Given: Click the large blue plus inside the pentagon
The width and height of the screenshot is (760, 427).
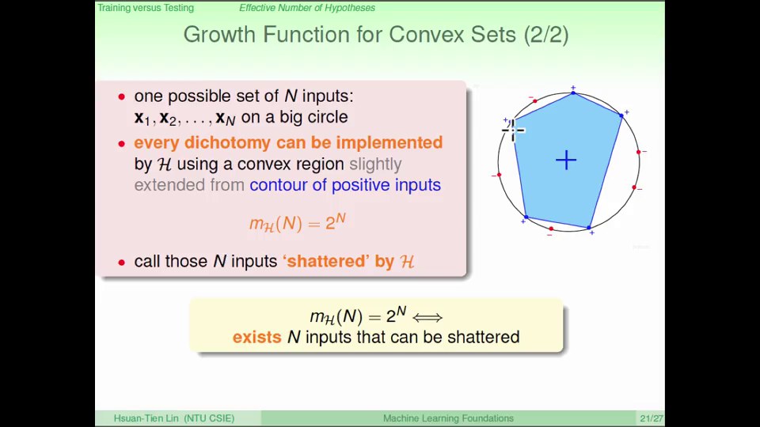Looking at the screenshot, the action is pyautogui.click(x=565, y=161).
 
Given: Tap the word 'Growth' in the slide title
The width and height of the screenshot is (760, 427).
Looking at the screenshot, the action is pyautogui.click(x=219, y=35).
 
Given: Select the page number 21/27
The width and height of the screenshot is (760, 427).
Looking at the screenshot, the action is pyautogui.click(x=651, y=418).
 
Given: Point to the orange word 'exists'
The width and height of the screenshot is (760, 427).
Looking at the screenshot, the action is pyautogui.click(x=256, y=337).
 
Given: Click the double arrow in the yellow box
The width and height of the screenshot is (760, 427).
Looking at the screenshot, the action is pyautogui.click(x=427, y=318).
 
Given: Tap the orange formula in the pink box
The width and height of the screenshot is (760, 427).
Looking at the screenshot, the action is pyautogui.click(x=298, y=223).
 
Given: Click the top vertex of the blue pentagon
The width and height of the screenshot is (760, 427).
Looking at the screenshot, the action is pyautogui.click(x=573, y=93).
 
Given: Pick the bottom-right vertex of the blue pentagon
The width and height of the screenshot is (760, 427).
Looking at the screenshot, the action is pyautogui.click(x=589, y=228).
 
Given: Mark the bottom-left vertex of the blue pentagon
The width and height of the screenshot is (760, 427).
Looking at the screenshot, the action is pyautogui.click(x=526, y=217).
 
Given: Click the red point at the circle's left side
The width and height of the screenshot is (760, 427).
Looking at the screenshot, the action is pyautogui.click(x=500, y=175).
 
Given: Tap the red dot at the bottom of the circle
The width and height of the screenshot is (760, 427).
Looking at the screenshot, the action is pyautogui.click(x=551, y=229).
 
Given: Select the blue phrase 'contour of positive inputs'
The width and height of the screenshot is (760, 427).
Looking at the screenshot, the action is pyautogui.click(x=345, y=185).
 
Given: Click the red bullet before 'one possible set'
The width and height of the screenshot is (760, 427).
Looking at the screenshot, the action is pyautogui.click(x=122, y=96).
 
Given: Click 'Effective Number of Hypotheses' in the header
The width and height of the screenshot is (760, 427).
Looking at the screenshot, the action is pyautogui.click(x=307, y=8).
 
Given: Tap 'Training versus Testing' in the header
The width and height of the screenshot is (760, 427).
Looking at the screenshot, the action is pyautogui.click(x=146, y=8).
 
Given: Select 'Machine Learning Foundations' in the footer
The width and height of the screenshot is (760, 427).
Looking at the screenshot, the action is pyautogui.click(x=448, y=418).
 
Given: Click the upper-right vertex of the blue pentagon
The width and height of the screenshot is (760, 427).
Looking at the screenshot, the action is pyautogui.click(x=621, y=115).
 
